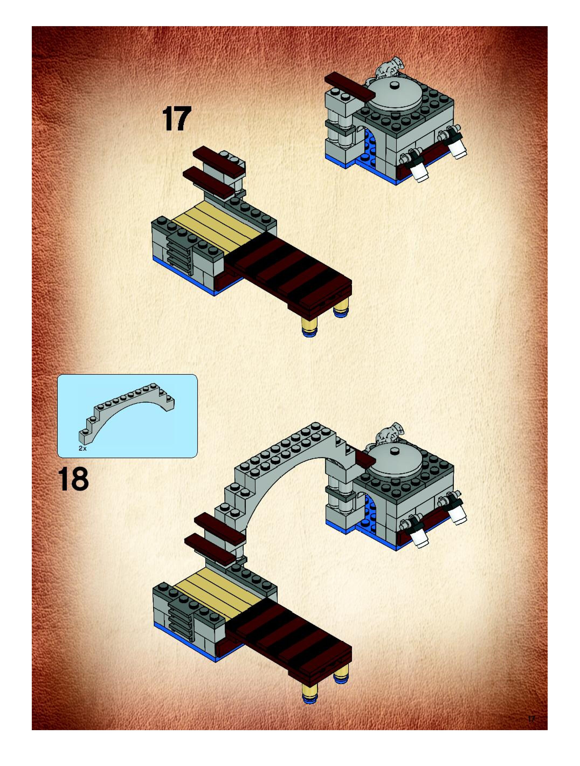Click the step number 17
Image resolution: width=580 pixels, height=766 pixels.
click(177, 119)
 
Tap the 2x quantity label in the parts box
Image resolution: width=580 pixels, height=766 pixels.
click(82, 448)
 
